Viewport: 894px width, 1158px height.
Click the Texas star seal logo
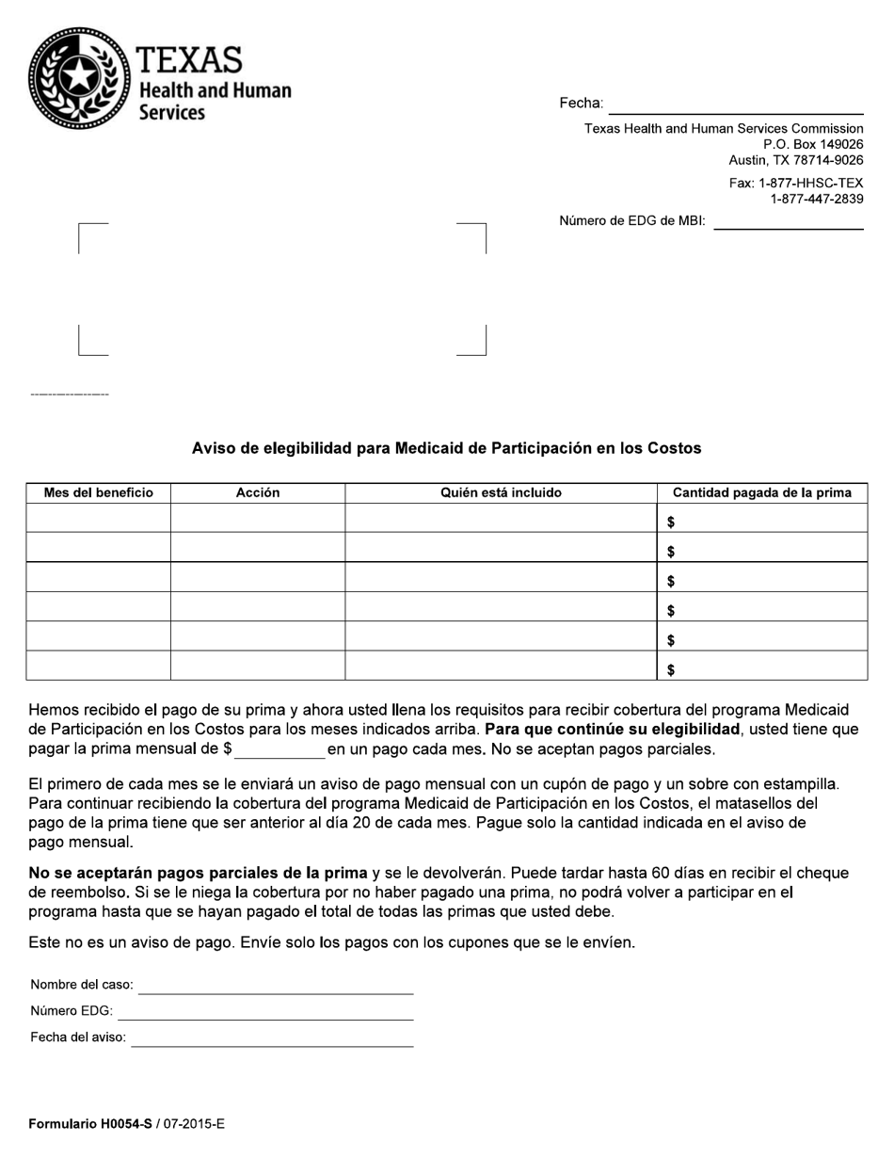pyautogui.click(x=79, y=78)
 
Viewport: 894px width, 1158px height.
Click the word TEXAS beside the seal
pyautogui.click(x=189, y=61)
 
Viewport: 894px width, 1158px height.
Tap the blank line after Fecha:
pyautogui.click(x=735, y=105)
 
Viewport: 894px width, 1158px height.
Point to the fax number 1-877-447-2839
pyautogui.click(x=816, y=199)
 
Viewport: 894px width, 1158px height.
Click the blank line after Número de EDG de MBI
pyautogui.click(x=788, y=222)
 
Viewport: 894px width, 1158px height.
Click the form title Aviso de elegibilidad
pyautogui.click(x=446, y=448)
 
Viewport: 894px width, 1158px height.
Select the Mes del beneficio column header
pyautogui.click(x=98, y=492)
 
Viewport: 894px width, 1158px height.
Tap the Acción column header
pyautogui.click(x=257, y=492)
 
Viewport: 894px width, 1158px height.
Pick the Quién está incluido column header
pyautogui.click(x=501, y=492)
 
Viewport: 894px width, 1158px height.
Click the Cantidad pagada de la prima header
pyautogui.click(x=761, y=492)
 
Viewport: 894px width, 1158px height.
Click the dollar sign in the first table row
pyautogui.click(x=670, y=522)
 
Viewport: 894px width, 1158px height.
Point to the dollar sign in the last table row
pyautogui.click(x=670, y=670)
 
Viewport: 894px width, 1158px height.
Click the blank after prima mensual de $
pyautogui.click(x=279, y=750)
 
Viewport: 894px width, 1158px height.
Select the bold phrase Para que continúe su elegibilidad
pyautogui.click(x=612, y=730)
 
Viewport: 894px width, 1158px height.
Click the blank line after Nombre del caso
pyautogui.click(x=276, y=986)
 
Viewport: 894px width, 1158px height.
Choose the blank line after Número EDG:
pyautogui.click(x=265, y=1012)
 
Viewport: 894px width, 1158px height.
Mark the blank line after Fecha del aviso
pyautogui.click(x=272, y=1038)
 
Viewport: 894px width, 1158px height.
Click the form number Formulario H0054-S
pyautogui.click(x=90, y=1123)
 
